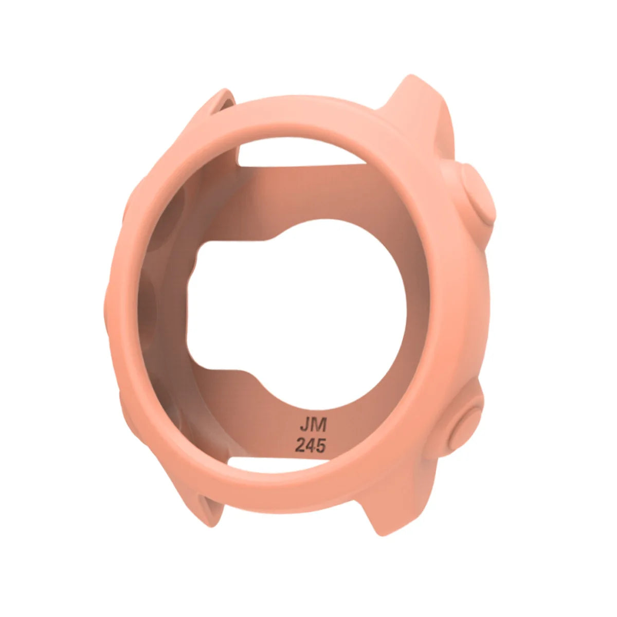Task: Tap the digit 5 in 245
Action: [x=320, y=445]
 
